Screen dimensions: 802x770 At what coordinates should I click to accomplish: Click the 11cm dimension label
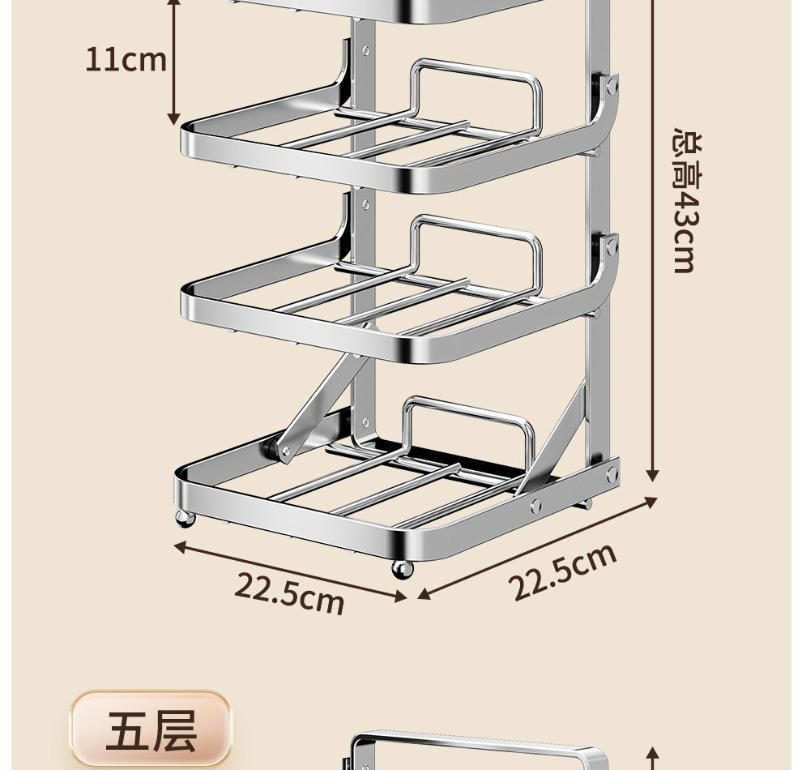(126, 60)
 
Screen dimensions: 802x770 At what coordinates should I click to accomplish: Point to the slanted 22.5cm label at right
(563, 571)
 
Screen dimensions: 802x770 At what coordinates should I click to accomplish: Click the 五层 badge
(151, 729)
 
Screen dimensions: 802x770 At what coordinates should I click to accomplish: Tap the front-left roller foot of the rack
(186, 519)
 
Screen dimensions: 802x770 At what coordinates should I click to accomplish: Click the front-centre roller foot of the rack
(403, 568)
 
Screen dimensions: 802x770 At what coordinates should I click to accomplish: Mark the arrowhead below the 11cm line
(173, 119)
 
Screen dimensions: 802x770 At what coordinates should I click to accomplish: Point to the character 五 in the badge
(128, 730)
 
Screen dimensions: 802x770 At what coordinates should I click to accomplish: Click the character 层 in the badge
(174, 730)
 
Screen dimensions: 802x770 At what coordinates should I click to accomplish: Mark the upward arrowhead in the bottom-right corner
(653, 753)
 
